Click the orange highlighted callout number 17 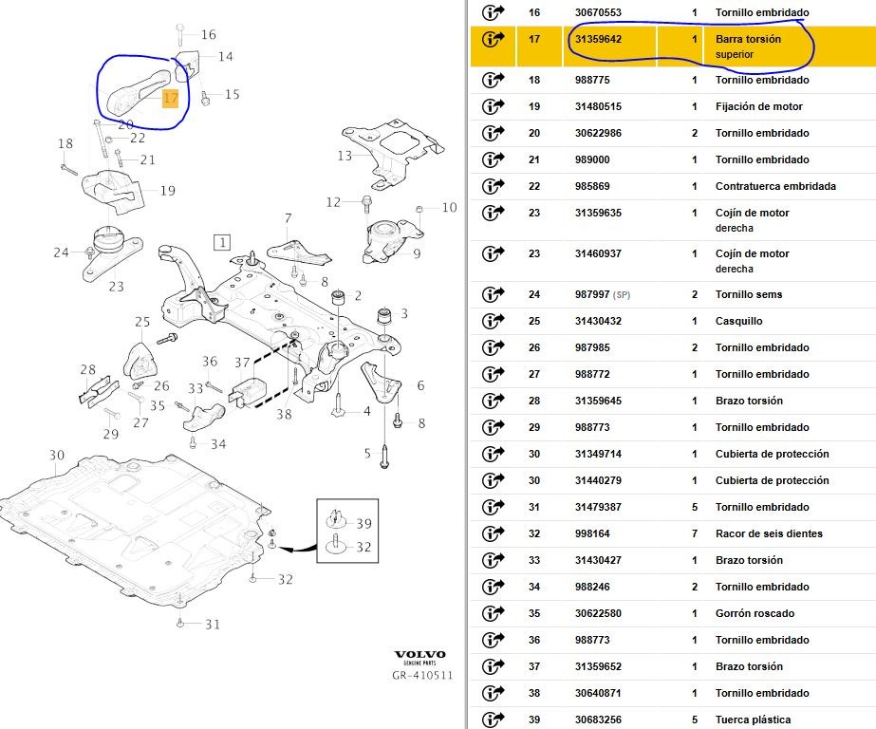171,98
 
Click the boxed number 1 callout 221,242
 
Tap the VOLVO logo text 420,656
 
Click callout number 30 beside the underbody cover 57,456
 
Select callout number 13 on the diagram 345,156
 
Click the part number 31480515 598,107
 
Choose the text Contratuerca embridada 775,187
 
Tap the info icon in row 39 494,719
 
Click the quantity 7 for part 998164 695,533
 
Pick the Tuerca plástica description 753,720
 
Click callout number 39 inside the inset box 363,524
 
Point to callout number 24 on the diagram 62,252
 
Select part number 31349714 598,454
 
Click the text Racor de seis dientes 769,533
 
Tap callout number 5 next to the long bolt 367,454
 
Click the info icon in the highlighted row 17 494,39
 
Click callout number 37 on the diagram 242,362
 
